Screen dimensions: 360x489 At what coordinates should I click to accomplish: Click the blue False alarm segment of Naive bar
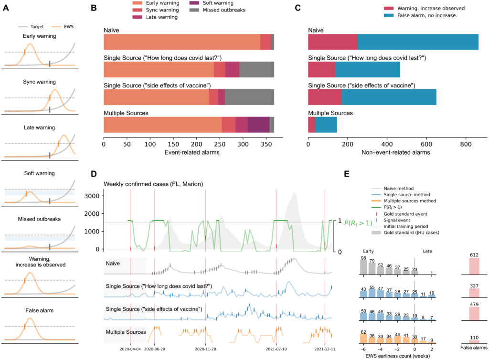point(418,42)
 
